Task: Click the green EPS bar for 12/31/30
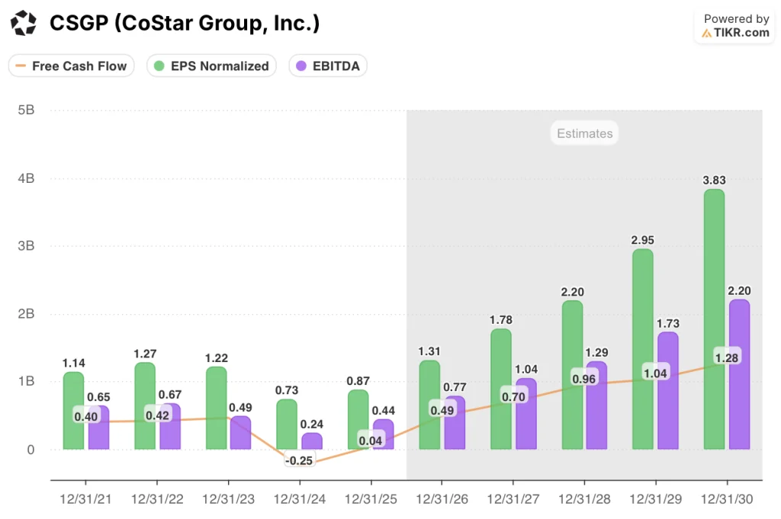point(714,320)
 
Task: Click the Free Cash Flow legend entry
point(72,66)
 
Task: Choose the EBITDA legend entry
point(329,66)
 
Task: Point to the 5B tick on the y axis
point(25,110)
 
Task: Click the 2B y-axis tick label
point(25,313)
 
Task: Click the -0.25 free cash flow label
point(299,461)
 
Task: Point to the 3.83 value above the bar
point(714,180)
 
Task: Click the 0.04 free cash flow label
point(371,441)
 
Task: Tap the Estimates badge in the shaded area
point(584,133)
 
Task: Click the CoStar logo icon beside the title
point(24,24)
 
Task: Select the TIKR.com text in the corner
point(741,33)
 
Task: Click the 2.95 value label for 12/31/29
point(642,240)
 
